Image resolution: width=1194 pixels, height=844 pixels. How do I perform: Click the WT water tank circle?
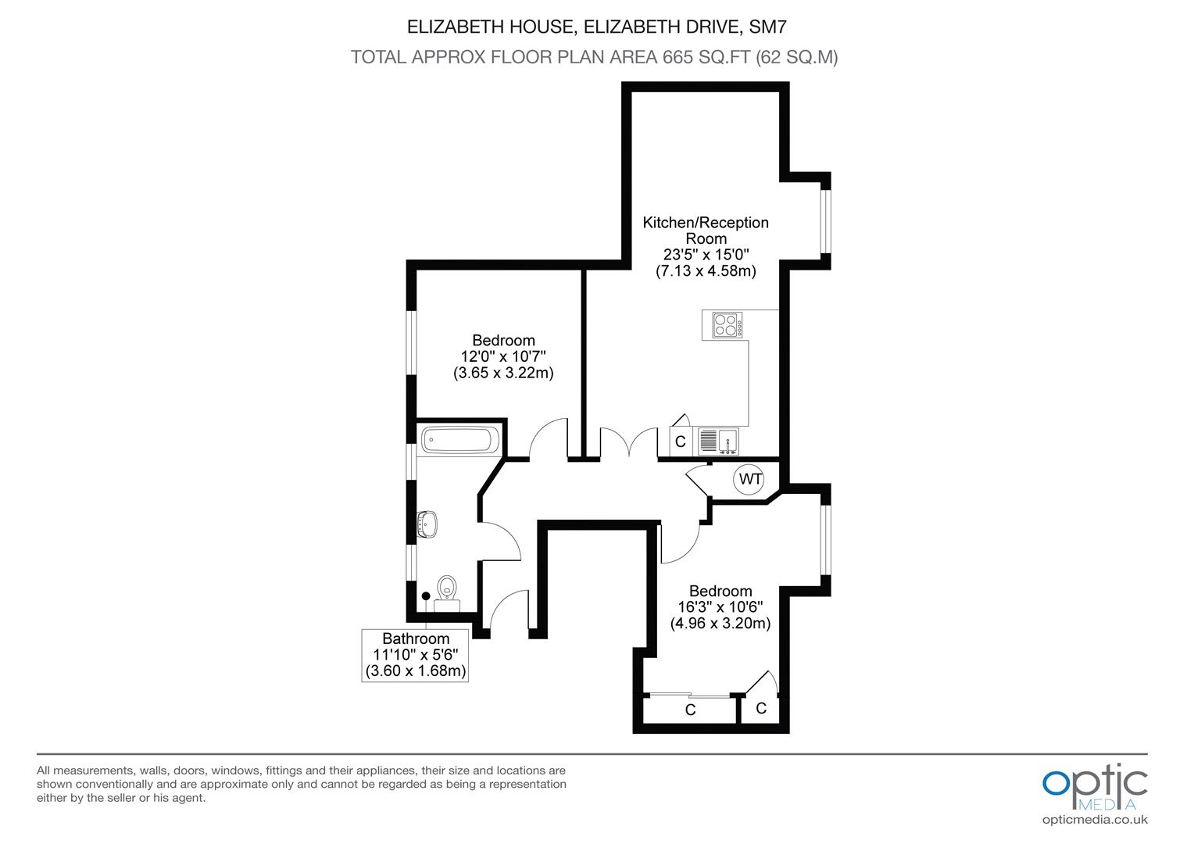(750, 479)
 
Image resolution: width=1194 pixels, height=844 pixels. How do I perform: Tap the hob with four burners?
(726, 324)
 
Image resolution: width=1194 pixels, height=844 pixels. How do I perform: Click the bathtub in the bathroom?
(459, 440)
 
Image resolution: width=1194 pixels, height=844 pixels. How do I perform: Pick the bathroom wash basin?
(427, 524)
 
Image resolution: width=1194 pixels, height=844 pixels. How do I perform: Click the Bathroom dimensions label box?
(416, 655)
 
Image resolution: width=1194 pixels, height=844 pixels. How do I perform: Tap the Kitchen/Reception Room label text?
(706, 231)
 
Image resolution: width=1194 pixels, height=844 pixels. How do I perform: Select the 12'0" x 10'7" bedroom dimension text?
(503, 356)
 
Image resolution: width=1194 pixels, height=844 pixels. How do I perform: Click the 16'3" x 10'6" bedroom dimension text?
(720, 607)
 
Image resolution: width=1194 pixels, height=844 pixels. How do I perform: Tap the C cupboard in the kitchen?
(680, 442)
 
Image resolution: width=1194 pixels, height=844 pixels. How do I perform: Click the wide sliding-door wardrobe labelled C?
(690, 710)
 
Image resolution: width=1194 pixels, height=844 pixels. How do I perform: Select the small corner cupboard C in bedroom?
(761, 708)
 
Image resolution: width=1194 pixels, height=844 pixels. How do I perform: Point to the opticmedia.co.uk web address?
(1095, 820)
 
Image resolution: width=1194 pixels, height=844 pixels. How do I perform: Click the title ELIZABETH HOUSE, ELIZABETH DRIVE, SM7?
(596, 27)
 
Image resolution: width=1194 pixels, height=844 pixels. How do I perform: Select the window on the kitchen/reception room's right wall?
(825, 222)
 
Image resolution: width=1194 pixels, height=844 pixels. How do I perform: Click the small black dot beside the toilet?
(426, 596)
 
